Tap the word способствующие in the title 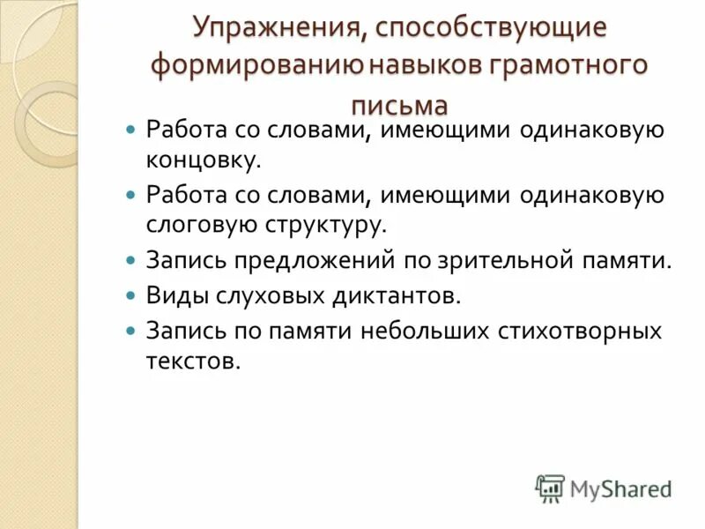(492, 27)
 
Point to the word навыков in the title (416, 66)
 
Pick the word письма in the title (399, 105)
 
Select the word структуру (323, 225)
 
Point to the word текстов (193, 361)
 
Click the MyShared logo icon (550, 488)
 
